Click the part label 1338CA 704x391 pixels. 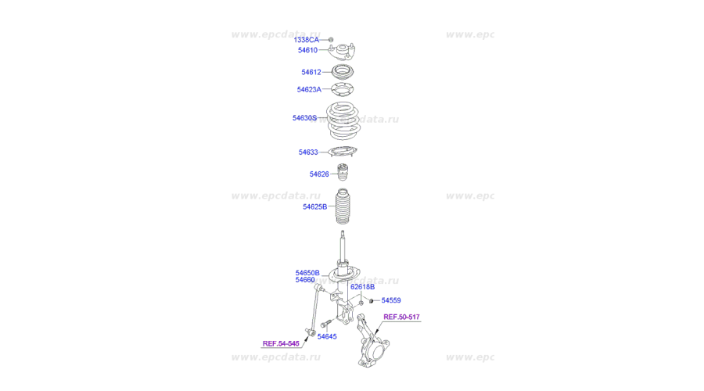point(306,40)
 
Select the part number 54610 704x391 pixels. point(307,50)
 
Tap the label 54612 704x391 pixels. point(311,72)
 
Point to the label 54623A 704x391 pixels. point(309,90)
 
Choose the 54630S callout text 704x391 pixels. point(304,118)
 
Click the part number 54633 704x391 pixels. point(308,152)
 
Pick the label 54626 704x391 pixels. point(319,174)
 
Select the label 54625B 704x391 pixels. point(314,207)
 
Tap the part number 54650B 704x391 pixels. point(307,273)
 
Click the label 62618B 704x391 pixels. point(362,287)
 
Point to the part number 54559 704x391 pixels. point(391,300)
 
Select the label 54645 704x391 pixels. point(327,337)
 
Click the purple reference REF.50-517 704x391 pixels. point(401,317)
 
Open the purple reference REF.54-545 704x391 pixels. point(281,343)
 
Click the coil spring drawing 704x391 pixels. point(343,120)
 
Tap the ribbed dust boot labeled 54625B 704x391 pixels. point(343,206)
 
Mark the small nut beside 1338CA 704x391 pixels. point(331,40)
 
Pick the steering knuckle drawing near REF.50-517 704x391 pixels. point(372,341)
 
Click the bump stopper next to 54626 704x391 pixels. point(343,172)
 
